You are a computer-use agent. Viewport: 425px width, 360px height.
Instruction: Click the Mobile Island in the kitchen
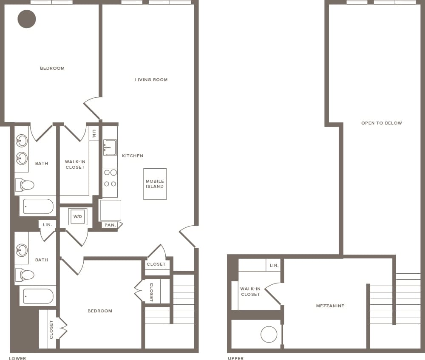click(155, 184)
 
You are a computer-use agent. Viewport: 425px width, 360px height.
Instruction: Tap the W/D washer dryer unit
click(78, 216)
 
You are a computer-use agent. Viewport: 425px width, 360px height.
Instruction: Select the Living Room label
click(151, 79)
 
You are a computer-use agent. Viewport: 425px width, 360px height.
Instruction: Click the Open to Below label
click(381, 123)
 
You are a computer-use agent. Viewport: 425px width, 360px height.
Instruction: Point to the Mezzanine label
click(330, 306)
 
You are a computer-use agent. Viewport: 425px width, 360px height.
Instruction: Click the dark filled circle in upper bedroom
click(27, 19)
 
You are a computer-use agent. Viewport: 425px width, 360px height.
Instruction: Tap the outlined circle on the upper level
click(269, 334)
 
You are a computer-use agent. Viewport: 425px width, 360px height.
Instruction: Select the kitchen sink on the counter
click(110, 147)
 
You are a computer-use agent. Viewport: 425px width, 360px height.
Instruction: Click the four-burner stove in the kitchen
click(110, 178)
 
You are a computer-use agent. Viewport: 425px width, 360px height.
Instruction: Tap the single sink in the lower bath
click(22, 250)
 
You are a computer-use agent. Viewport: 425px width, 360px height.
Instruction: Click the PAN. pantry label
click(110, 225)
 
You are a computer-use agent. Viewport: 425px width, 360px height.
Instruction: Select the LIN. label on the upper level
click(274, 265)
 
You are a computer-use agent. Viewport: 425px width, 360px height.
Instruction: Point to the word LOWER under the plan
click(17, 358)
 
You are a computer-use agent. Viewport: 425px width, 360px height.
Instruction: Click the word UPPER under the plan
click(235, 358)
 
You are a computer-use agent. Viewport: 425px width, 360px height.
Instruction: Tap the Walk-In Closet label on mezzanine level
click(250, 292)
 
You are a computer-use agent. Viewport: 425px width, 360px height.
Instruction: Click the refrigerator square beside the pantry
click(110, 210)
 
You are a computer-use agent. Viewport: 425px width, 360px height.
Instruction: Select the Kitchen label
click(133, 156)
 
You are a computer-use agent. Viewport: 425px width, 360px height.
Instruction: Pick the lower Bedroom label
click(100, 311)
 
